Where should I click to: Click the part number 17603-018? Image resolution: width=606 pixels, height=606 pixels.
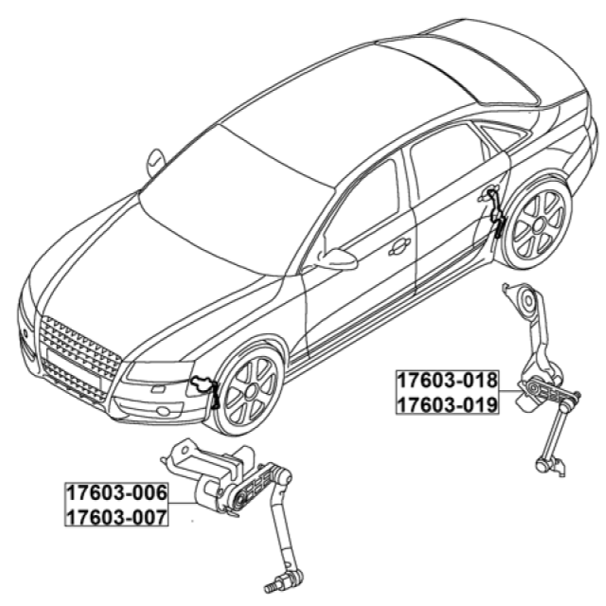point(447,380)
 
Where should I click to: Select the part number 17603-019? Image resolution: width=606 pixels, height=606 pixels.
point(447,405)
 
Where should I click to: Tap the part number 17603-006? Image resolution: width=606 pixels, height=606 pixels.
point(117,493)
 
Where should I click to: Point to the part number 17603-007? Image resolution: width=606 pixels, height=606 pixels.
point(117,517)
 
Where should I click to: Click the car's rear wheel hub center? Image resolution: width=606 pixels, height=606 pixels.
point(539,224)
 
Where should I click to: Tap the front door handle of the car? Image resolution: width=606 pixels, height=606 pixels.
point(399,247)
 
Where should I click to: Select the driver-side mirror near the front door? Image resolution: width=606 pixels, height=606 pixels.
point(336,259)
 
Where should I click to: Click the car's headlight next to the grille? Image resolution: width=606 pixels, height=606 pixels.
point(159,371)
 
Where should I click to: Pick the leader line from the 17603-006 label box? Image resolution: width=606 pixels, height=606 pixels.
point(183,503)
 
